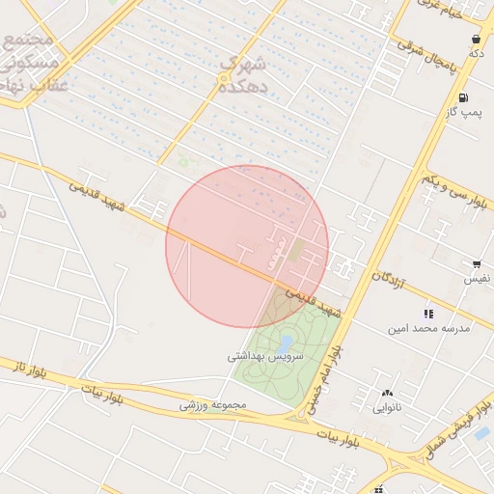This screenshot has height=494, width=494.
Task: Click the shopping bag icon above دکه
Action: [476, 39]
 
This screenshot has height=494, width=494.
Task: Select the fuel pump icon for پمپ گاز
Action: [464, 97]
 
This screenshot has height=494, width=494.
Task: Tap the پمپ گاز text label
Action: [464, 113]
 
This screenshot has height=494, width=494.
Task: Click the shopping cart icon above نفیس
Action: [476, 263]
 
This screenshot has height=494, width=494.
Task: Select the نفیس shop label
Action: [476, 279]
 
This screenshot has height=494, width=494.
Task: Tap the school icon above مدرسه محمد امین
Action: [428, 314]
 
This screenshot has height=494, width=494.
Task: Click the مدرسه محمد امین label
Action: [428, 328]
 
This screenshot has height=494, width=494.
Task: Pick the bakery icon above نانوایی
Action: [388, 393]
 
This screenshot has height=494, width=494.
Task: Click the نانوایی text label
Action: [388, 408]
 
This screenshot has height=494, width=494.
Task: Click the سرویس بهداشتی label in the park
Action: [265, 357]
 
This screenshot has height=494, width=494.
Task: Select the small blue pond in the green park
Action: [285, 343]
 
